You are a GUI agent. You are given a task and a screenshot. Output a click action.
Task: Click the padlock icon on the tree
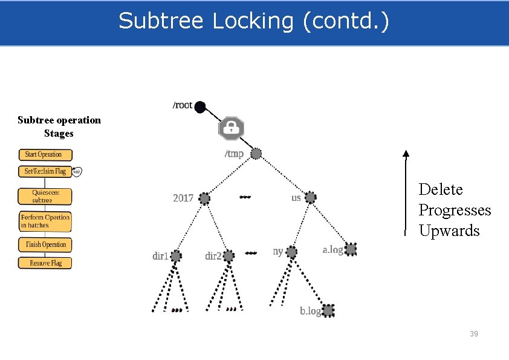click(x=230, y=128)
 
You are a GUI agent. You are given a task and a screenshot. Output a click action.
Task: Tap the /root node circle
click(x=201, y=107)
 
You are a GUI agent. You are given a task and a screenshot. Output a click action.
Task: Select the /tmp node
click(x=256, y=154)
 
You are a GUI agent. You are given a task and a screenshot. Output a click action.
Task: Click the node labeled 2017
click(x=205, y=198)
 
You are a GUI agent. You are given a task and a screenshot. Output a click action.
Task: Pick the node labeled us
click(x=311, y=197)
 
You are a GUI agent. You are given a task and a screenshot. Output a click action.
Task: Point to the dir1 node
click(x=176, y=256)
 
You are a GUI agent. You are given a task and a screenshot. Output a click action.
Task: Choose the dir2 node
click(x=229, y=256)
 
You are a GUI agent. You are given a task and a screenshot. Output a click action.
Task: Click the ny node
click(x=291, y=252)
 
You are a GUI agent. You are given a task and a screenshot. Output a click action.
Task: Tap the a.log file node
click(x=351, y=249)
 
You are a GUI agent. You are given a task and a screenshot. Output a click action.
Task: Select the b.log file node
click(x=328, y=310)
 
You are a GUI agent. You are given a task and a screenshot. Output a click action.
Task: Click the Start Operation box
click(x=45, y=154)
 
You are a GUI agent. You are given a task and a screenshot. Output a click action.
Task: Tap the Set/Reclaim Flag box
click(x=45, y=171)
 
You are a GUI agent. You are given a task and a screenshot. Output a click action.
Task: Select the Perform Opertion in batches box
click(x=45, y=221)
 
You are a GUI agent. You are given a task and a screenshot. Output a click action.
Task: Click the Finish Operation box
click(x=45, y=244)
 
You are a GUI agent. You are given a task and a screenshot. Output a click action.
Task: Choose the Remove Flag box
click(x=45, y=263)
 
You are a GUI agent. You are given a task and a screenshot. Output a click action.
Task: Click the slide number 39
click(x=474, y=333)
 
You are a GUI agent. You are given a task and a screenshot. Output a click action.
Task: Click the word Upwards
click(x=449, y=231)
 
